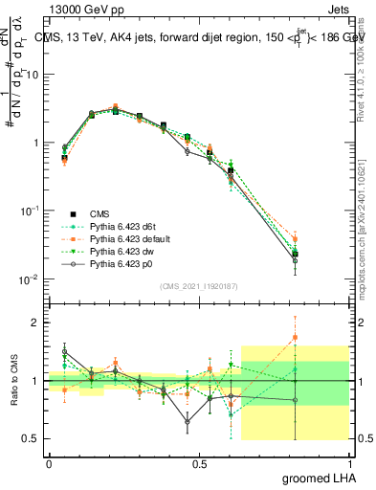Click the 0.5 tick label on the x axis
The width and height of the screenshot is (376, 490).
click(x=199, y=463)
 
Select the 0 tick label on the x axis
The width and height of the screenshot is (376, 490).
click(x=49, y=463)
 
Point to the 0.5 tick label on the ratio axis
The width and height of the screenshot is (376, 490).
click(x=31, y=438)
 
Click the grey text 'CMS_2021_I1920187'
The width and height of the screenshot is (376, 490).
click(x=199, y=286)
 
